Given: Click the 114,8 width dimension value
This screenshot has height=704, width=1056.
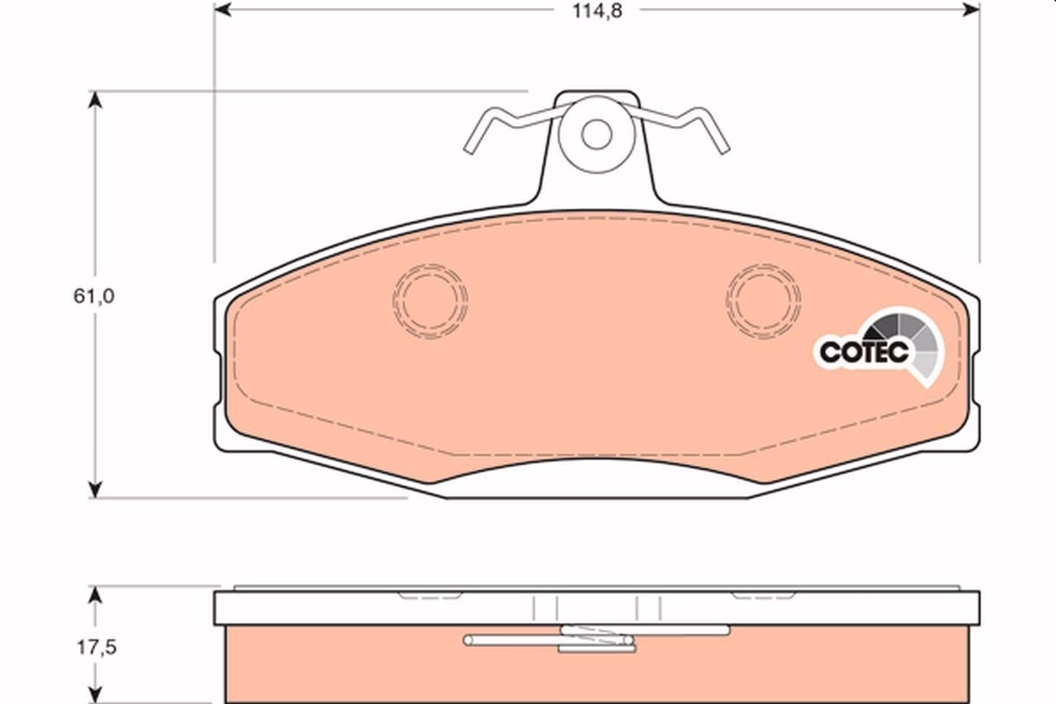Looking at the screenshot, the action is pyautogui.click(x=598, y=11).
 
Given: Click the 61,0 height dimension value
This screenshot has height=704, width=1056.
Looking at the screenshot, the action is pyautogui.click(x=94, y=297).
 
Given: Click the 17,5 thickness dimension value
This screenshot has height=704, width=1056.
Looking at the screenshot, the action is pyautogui.click(x=97, y=648).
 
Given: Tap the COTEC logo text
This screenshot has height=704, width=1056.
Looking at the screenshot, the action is pyautogui.click(x=863, y=352).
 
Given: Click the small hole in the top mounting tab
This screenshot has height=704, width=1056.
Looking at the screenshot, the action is pyautogui.click(x=597, y=135).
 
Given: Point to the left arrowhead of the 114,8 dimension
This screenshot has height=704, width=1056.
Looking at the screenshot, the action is pyautogui.click(x=223, y=10).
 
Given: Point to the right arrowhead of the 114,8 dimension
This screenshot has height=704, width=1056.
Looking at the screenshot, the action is pyautogui.click(x=972, y=10).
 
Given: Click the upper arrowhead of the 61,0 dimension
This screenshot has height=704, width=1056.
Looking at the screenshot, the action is pyautogui.click(x=95, y=99).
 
